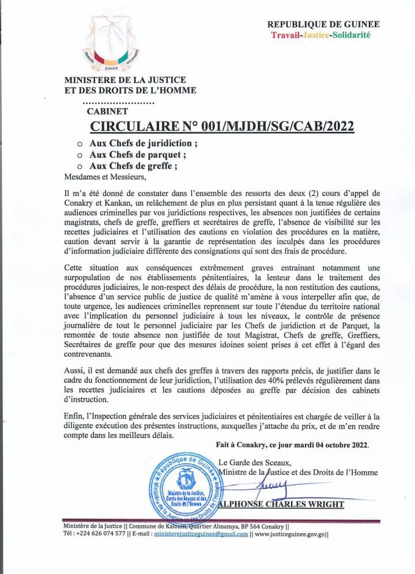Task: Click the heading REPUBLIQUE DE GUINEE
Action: (x=323, y=24)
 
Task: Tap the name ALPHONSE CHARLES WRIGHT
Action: (x=284, y=504)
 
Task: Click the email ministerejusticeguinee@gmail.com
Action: (x=201, y=534)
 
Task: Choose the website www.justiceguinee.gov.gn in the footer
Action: (x=289, y=534)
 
